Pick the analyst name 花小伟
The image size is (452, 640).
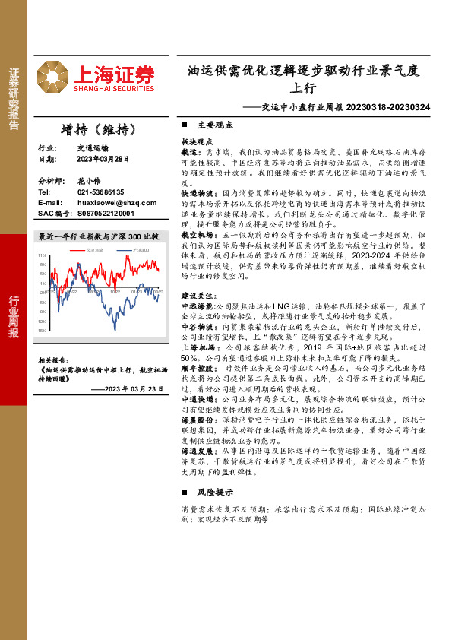pyautogui.click(x=89, y=182)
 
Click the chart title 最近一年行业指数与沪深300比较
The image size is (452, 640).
pyautogui.click(x=99, y=236)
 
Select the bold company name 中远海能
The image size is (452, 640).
pyautogui.click(x=197, y=315)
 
